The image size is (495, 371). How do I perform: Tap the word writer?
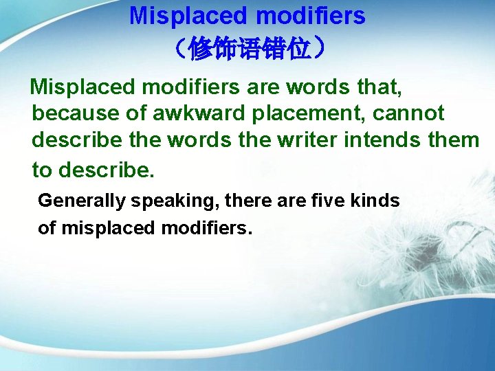(x=308, y=140)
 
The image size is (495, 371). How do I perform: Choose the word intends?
(x=386, y=140)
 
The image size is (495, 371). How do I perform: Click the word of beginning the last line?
(x=47, y=228)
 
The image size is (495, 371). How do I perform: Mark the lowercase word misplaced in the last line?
(x=108, y=228)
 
